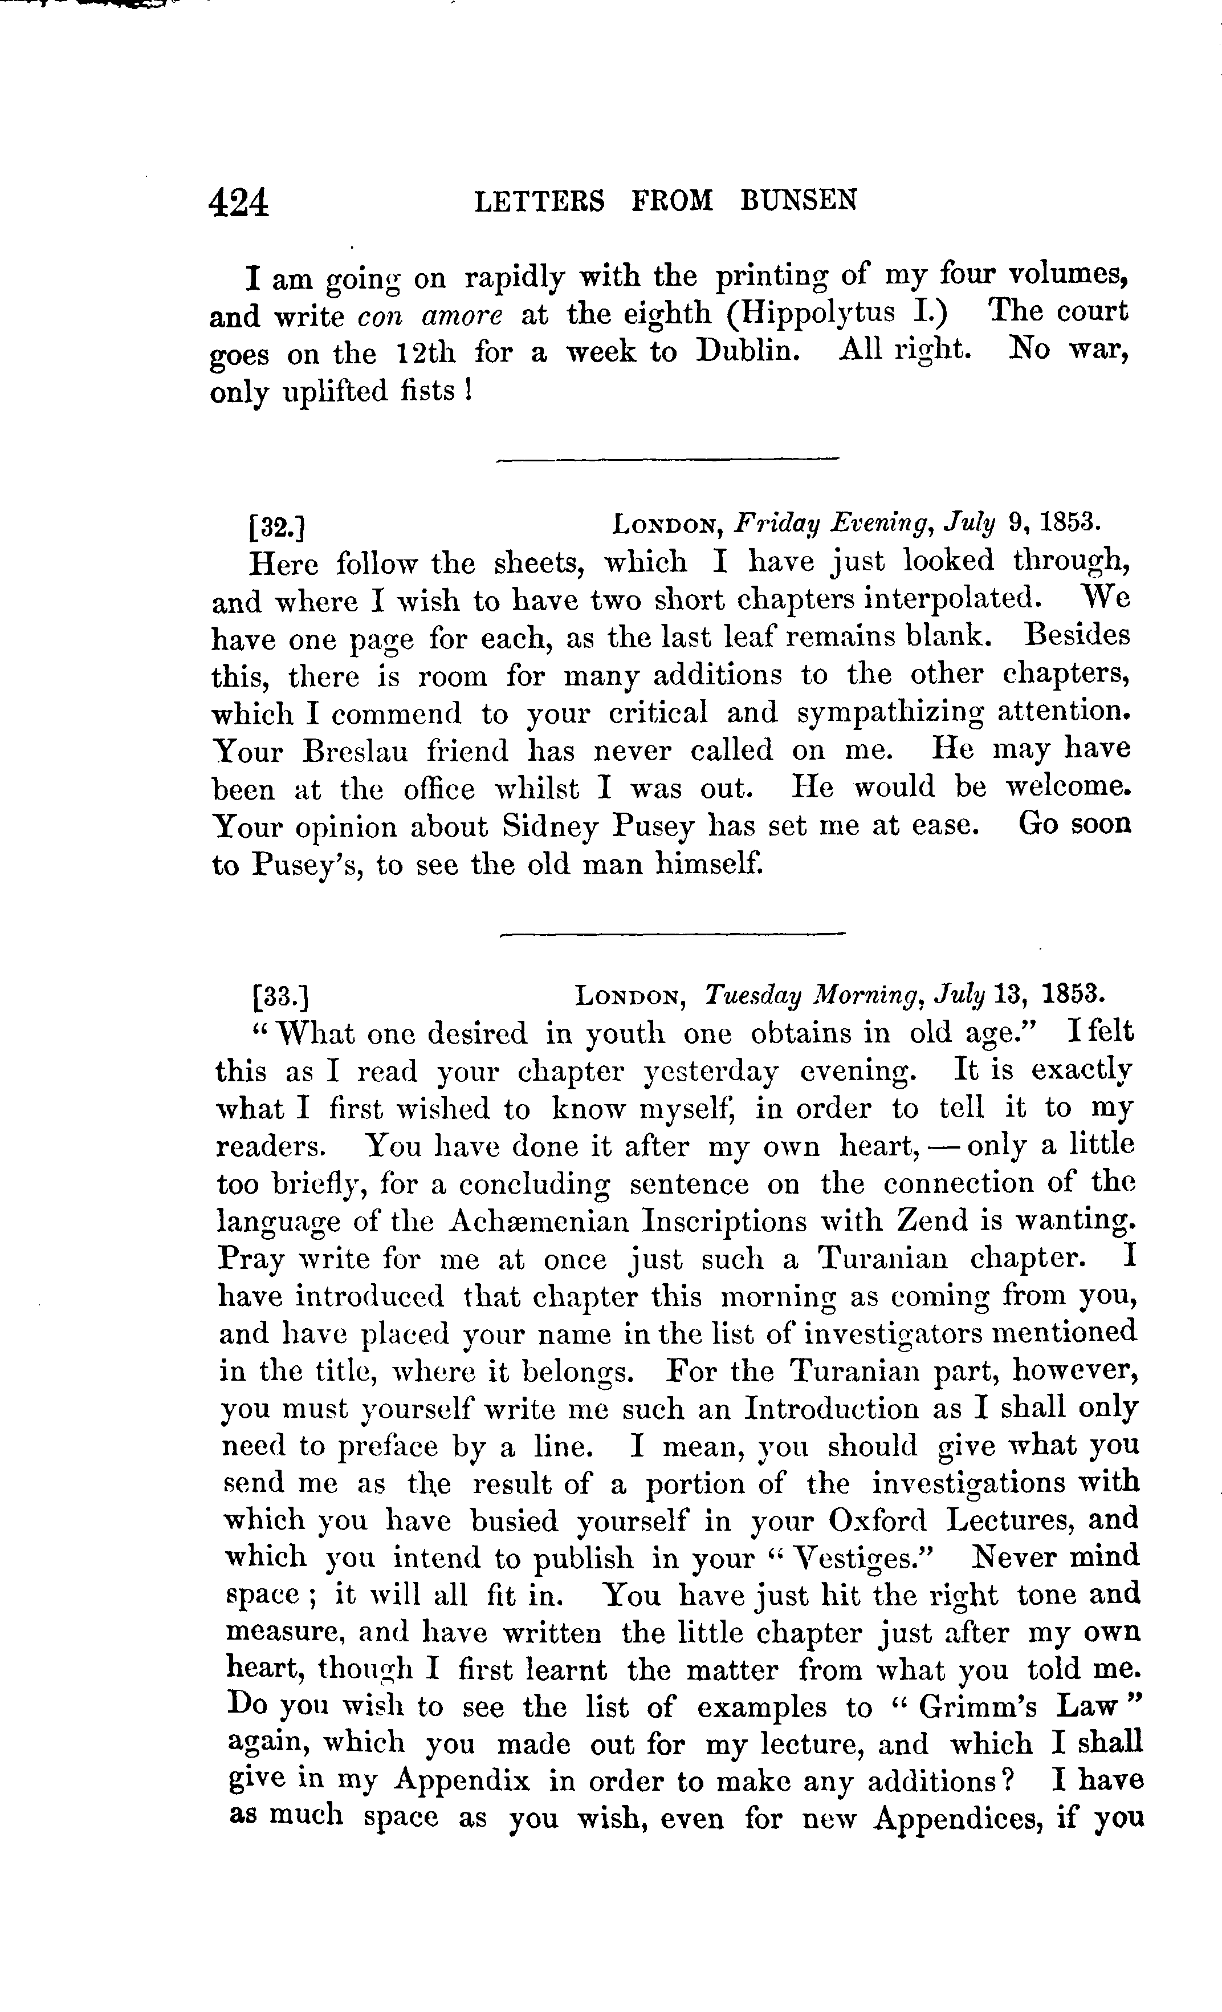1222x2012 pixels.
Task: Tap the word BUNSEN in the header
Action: (x=799, y=201)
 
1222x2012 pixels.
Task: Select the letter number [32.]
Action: (x=277, y=528)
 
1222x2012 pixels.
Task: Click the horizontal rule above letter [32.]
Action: (x=668, y=461)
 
